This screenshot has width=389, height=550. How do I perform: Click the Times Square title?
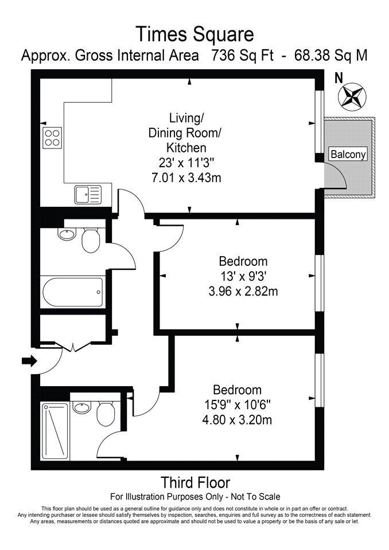[194, 34]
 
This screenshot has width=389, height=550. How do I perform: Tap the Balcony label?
[348, 154]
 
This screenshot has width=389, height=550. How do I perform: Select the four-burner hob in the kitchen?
[52, 137]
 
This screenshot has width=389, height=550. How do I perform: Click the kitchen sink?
[88, 195]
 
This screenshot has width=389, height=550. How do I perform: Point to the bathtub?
[73, 292]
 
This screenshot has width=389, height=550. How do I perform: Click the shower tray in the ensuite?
[55, 431]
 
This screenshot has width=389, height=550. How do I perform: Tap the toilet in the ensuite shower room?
[106, 414]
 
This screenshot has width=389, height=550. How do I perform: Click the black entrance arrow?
[29, 360]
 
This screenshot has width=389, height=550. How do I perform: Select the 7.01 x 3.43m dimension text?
[186, 178]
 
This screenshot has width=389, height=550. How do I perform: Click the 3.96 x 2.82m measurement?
[243, 291]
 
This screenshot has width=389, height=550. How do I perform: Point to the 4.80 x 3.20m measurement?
[237, 419]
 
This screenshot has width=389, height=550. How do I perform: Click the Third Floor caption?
[196, 483]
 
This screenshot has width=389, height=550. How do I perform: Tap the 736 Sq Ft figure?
[242, 56]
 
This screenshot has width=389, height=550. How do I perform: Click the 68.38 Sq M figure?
[330, 56]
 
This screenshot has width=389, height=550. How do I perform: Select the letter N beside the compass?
[339, 78]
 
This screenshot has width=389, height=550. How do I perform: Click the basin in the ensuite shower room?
[82, 407]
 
